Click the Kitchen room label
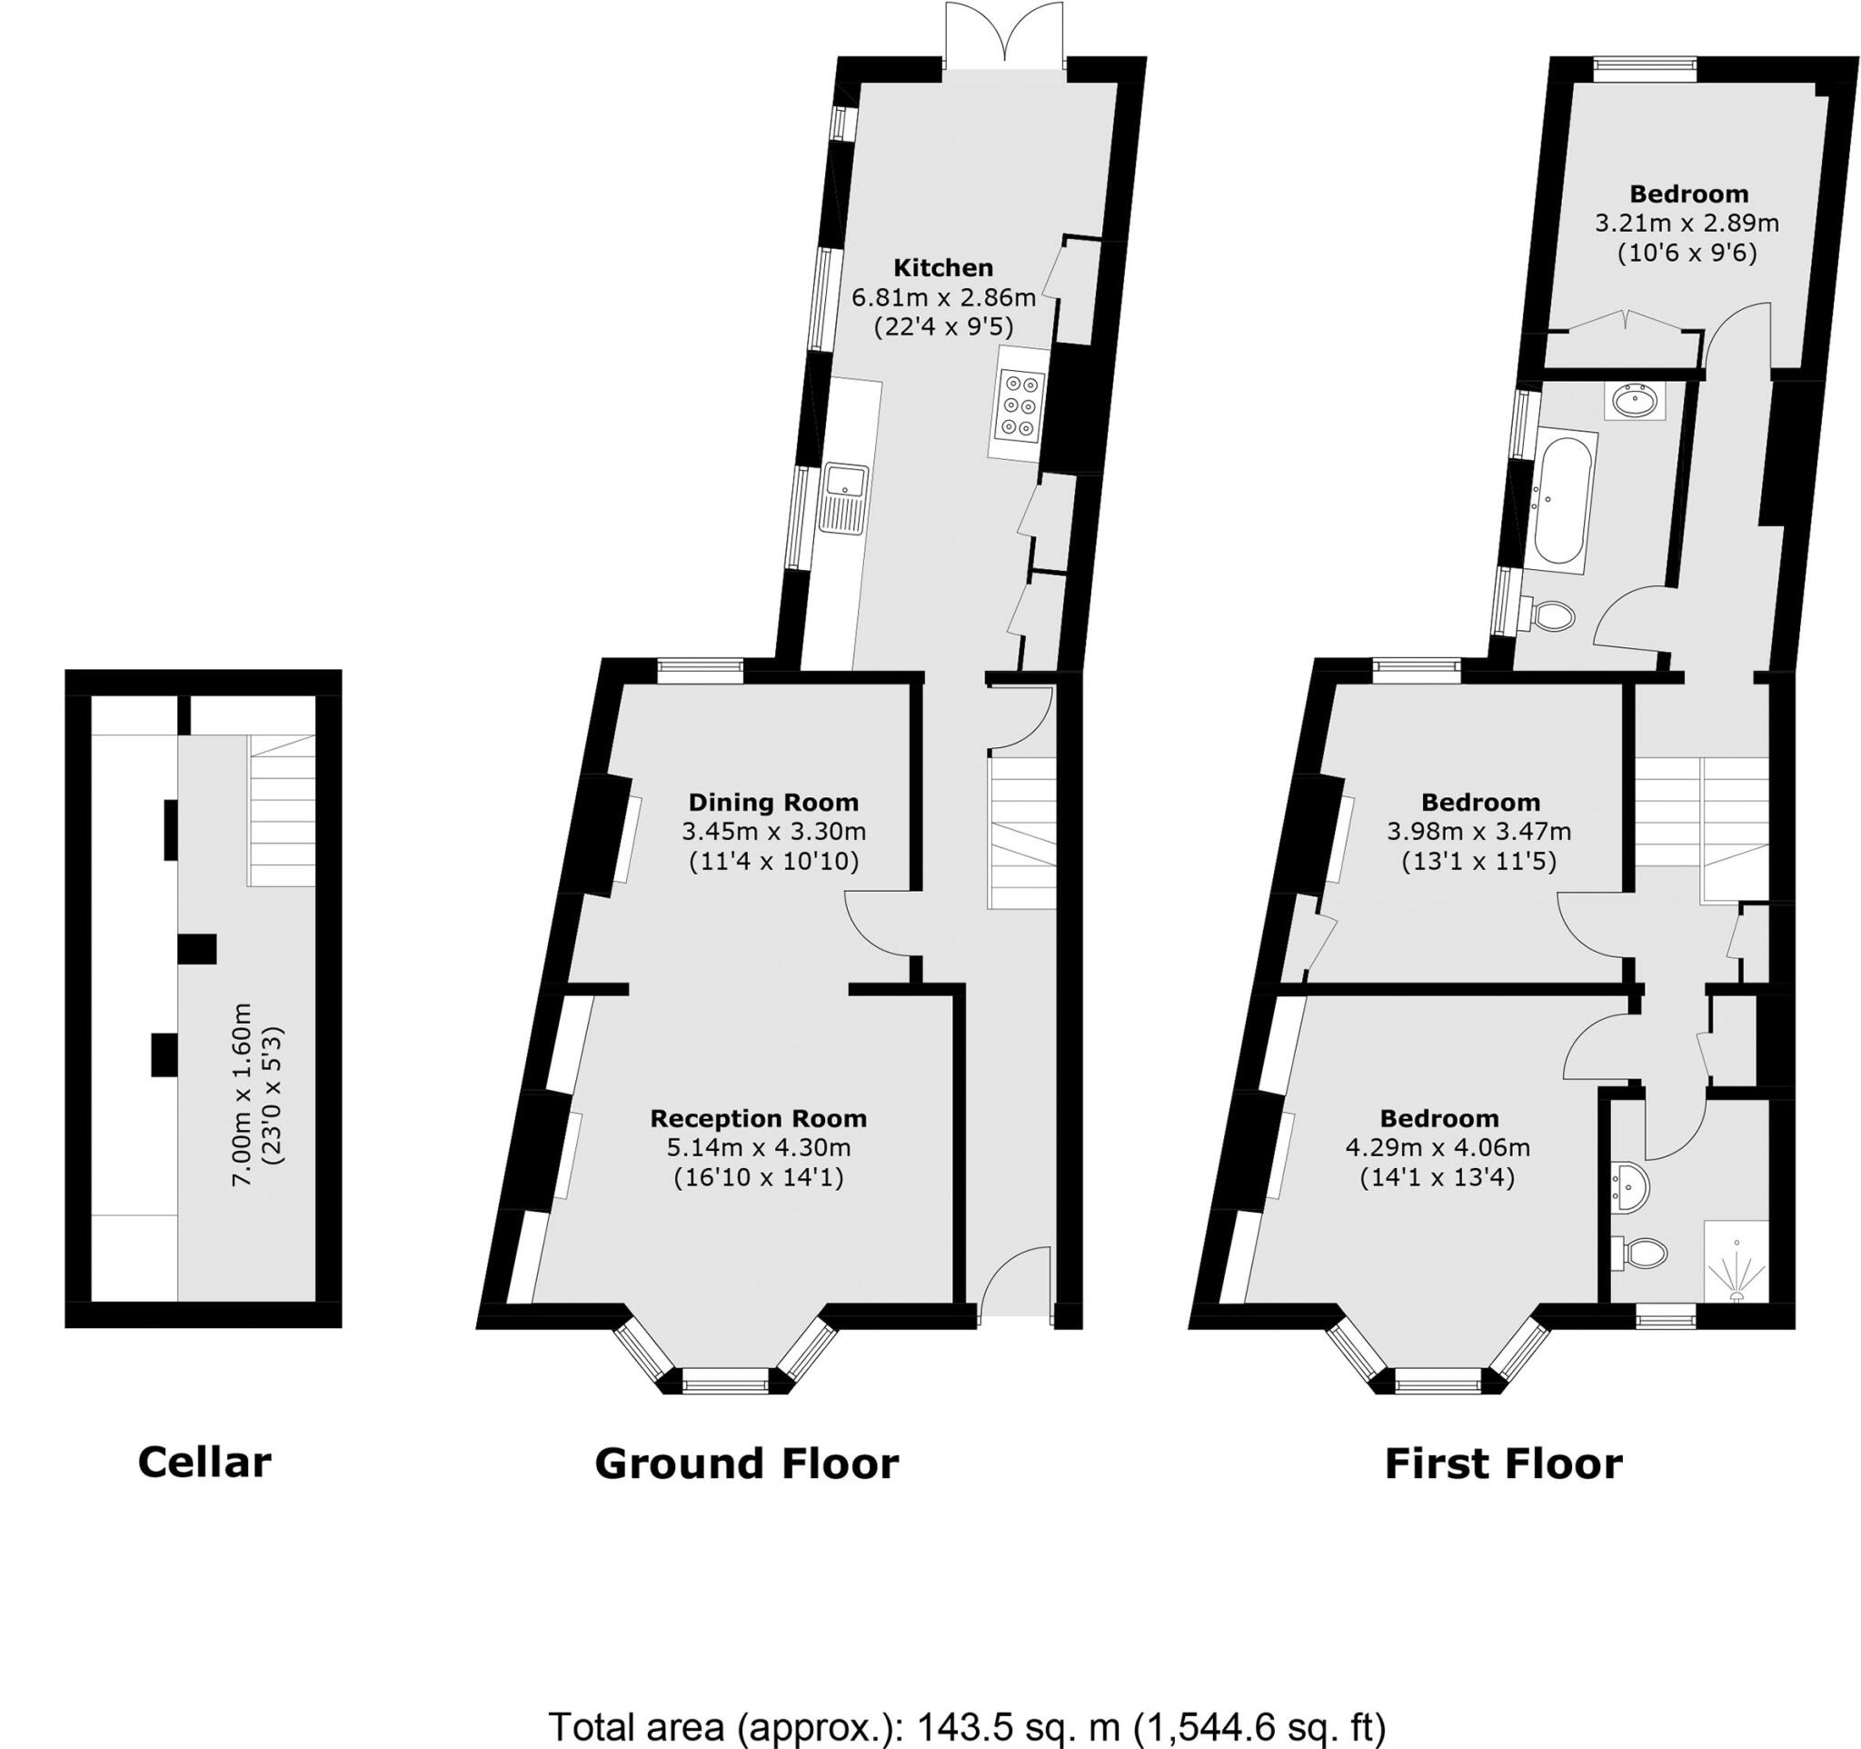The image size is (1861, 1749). [942, 268]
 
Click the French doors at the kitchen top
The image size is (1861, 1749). [1004, 35]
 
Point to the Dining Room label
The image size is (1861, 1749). [773, 803]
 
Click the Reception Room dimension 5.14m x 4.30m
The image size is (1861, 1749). [758, 1147]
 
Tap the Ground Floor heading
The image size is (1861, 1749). [746, 1464]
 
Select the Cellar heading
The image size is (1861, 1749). [204, 1462]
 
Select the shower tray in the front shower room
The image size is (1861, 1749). [1736, 1260]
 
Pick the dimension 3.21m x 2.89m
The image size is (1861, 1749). [1687, 224]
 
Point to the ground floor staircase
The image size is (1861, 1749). [1022, 833]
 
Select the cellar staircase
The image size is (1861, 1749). [282, 811]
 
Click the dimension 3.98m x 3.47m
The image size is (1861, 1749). [1479, 832]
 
